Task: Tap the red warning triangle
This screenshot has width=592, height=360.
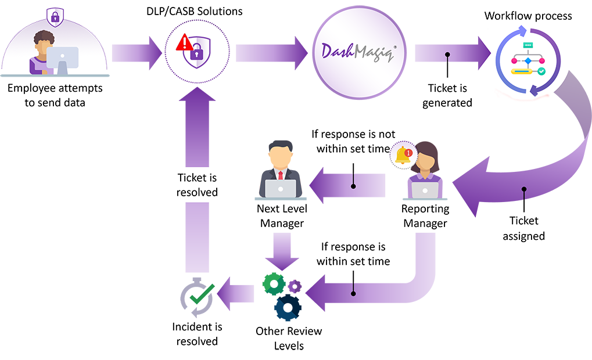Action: point(185,42)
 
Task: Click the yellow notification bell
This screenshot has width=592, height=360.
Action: point(401,156)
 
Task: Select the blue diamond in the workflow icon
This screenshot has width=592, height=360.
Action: point(528,60)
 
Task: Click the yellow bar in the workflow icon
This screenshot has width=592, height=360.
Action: point(521,71)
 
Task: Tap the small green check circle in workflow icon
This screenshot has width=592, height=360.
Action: point(541,71)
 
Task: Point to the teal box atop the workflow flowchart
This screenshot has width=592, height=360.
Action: point(528,46)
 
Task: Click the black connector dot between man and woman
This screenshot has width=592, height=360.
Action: point(354,186)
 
